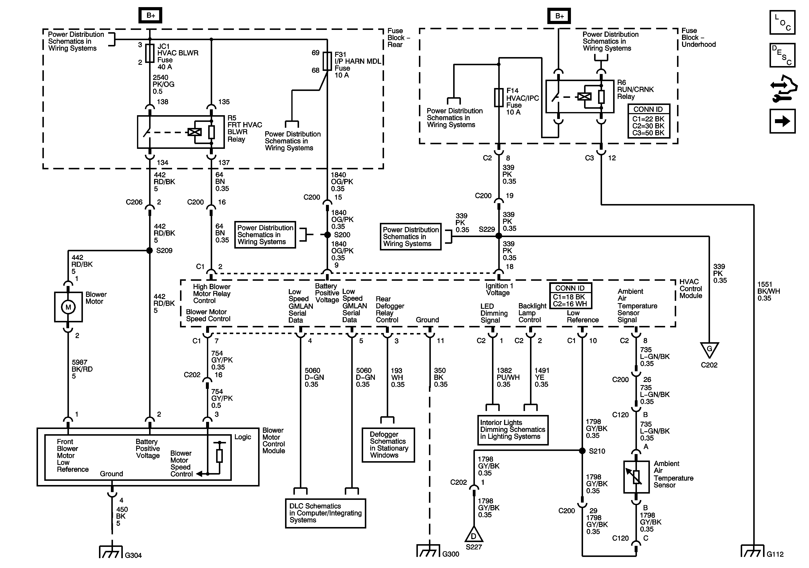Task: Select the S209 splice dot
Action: (149, 250)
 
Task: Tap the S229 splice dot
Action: (499, 236)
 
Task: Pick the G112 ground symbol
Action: (753, 551)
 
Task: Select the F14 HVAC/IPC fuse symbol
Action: (499, 97)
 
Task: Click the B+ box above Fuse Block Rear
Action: (150, 15)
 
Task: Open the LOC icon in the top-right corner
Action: (782, 22)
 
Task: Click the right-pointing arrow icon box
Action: (782, 121)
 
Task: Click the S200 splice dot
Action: (327, 235)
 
